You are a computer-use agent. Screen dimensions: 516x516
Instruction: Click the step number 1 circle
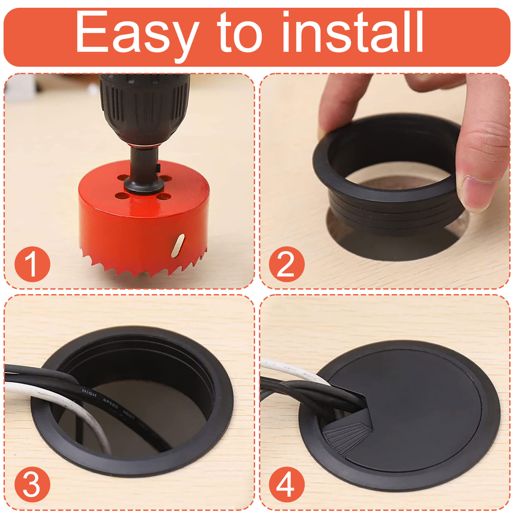tap(32, 264)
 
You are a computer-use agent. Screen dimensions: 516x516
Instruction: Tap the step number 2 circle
tap(286, 264)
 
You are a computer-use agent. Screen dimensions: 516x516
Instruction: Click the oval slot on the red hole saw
tap(178, 246)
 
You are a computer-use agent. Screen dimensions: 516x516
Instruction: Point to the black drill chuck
tap(144, 106)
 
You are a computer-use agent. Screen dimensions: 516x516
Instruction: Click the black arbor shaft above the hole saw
tap(144, 161)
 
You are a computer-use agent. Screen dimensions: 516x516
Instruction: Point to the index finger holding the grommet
tap(339, 103)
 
